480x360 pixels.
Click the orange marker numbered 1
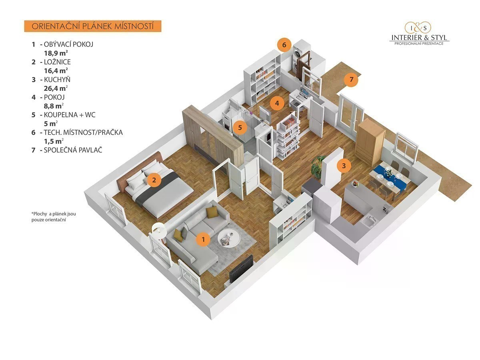203,239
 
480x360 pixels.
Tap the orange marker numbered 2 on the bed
154,180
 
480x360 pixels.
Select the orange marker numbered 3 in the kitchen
344,166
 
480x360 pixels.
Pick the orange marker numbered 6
284,44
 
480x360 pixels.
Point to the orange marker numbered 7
351,79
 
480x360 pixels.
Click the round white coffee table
228,239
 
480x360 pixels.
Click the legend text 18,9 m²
56,53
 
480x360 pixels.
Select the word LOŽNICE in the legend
57,62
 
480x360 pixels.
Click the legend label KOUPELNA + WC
70,115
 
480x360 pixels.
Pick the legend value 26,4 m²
56,88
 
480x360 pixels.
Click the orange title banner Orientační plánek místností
93,26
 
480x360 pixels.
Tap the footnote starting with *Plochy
54,217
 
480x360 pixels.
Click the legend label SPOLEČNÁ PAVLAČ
73,150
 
